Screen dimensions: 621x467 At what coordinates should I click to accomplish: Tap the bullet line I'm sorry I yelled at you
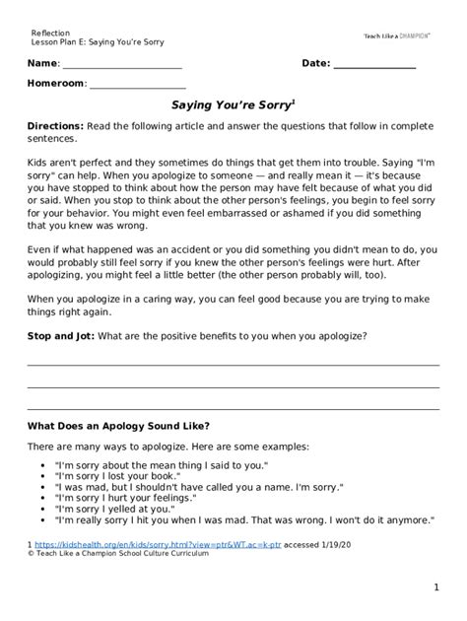(134, 509)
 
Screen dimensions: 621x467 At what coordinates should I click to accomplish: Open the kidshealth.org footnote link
(144, 543)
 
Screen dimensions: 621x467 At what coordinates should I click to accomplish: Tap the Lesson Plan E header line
(97, 42)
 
